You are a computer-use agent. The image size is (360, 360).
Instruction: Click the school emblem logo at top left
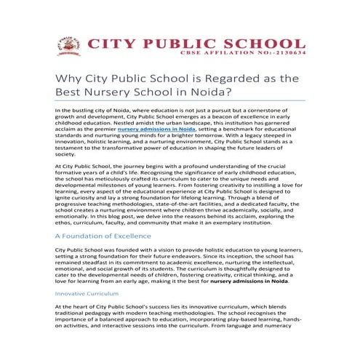(x=68, y=45)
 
